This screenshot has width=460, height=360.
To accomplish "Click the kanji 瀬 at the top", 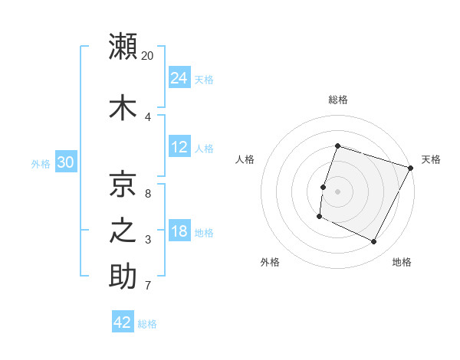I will tap(123, 47).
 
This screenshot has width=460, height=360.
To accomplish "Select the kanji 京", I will tap(123, 184).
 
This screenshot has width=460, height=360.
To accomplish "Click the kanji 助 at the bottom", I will tap(123, 277).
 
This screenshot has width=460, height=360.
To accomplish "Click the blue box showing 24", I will tap(179, 78).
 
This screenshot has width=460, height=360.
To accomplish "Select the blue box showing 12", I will tap(179, 147).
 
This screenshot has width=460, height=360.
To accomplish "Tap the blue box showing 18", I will tap(179, 231).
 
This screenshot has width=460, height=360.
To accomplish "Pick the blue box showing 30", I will tap(65, 162).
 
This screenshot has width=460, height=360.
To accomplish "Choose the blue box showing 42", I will tap(123, 322).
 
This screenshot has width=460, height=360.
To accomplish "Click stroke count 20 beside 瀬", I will tap(148, 56).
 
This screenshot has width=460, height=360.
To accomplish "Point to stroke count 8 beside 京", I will tap(148, 193).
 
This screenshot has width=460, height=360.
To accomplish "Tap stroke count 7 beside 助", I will tap(148, 286).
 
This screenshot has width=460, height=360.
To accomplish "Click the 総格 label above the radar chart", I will tap(337, 100).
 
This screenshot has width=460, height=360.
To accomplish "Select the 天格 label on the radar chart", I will tap(431, 159).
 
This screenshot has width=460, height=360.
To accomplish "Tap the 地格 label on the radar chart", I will tap(402, 262).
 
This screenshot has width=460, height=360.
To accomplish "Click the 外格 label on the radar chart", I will tap(270, 262).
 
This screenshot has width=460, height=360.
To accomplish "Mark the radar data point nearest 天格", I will tap(411, 168).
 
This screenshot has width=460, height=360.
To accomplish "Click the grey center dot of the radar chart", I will tap(337, 191).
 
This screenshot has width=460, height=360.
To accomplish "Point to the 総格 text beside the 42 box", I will tap(147, 324).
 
